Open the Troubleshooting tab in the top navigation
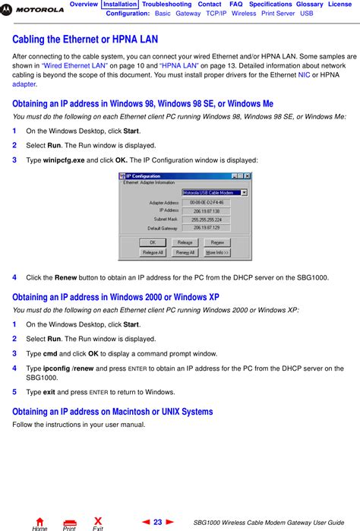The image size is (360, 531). coord(167,5)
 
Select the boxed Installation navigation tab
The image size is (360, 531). coord(120,5)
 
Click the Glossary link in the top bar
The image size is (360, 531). coord(309,5)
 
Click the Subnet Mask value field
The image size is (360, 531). coord(204,220)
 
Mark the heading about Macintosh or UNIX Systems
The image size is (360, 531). coord(112,412)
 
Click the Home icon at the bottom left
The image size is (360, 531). coord(39,521)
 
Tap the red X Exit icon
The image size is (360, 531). coord(97,521)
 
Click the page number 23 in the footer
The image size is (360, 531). coord(158,522)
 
